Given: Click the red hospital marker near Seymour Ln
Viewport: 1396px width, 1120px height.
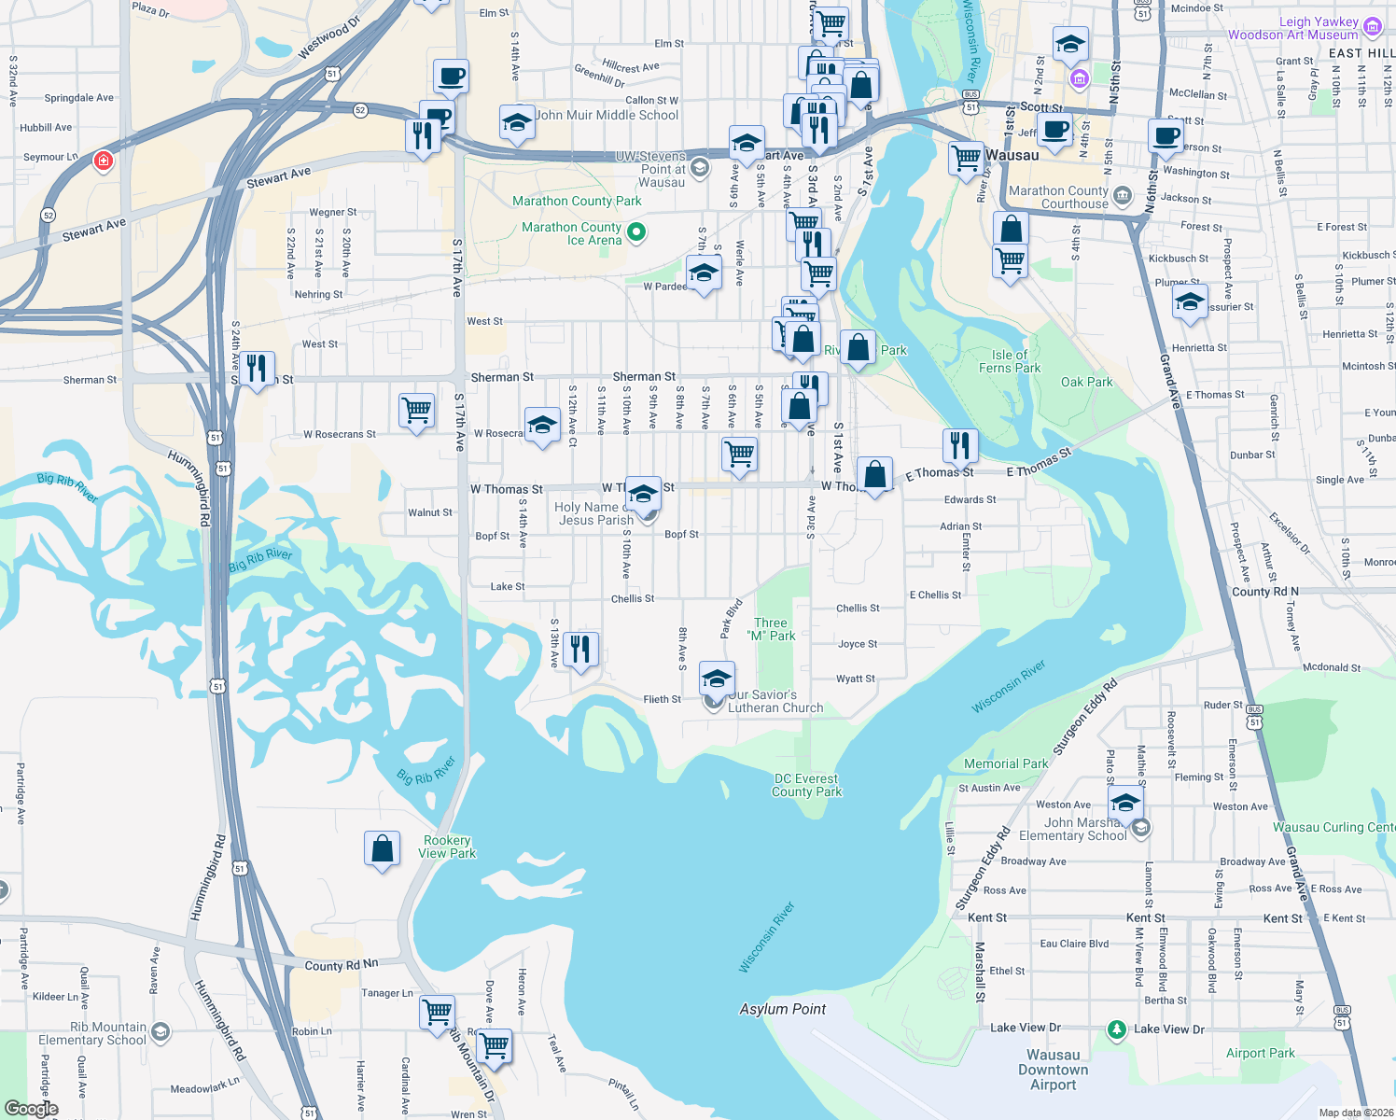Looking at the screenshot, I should (x=104, y=161).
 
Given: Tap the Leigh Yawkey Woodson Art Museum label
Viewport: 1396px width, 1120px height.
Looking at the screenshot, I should (x=1292, y=28).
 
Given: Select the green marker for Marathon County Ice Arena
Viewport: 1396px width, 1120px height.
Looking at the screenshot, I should (x=636, y=231).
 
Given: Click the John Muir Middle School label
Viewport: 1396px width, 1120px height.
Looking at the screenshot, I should (x=607, y=115).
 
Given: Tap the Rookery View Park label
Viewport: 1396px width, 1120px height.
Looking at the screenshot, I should (x=447, y=847).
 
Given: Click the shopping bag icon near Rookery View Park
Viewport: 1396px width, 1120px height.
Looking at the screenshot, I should (x=382, y=849).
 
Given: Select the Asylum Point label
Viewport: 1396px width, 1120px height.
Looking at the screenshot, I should (x=782, y=1009).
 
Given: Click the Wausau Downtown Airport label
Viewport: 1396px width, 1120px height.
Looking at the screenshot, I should (x=1053, y=1070).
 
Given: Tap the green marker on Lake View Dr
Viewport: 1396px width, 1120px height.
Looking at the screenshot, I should (x=1117, y=1030).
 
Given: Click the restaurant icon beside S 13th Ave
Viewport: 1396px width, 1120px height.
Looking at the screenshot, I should (x=580, y=649).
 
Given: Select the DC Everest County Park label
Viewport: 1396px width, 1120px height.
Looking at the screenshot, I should (x=806, y=785).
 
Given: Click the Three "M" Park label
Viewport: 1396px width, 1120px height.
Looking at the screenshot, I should (x=771, y=629).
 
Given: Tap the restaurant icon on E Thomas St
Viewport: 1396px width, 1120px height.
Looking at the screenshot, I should (x=959, y=445).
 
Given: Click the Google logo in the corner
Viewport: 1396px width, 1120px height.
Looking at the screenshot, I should (x=31, y=1109).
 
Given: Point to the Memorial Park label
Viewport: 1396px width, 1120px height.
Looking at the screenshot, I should (x=1005, y=763).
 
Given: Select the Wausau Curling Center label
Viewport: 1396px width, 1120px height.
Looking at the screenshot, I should (x=1333, y=827).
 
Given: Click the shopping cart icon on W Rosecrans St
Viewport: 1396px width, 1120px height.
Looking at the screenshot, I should (x=416, y=410).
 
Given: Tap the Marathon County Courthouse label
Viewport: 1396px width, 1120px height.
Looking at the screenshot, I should (x=1058, y=197).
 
